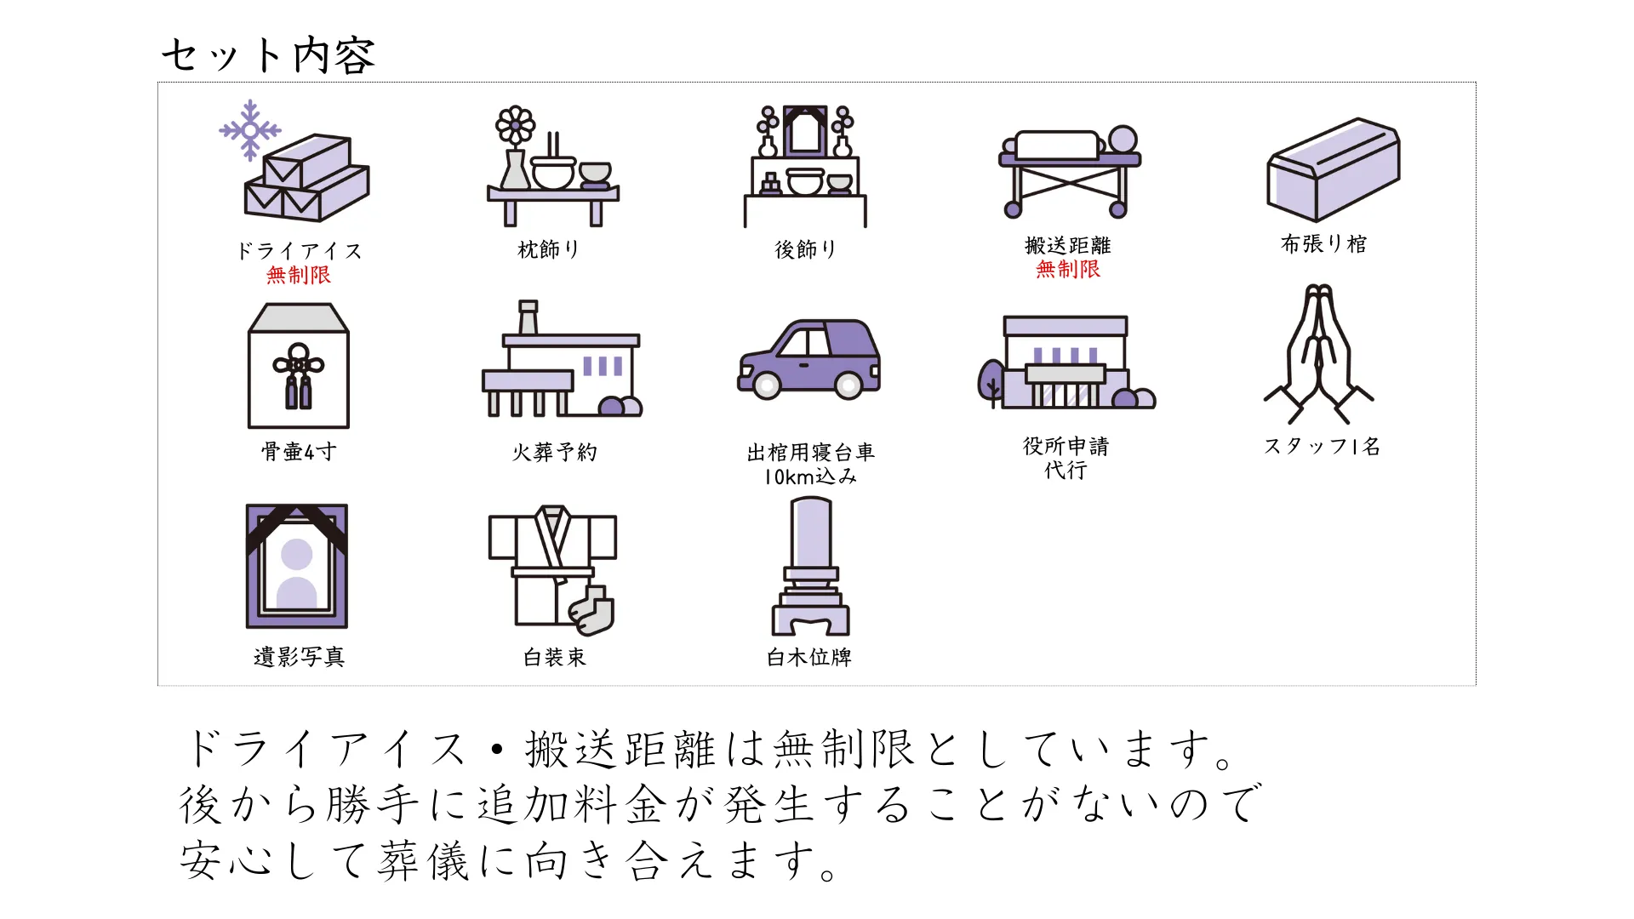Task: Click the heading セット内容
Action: [x=268, y=55]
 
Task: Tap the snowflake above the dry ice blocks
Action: [x=249, y=130]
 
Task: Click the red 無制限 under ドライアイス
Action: [x=298, y=275]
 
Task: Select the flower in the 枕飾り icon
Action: [x=515, y=125]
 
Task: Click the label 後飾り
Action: [x=805, y=249]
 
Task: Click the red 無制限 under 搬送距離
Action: [x=1068, y=269]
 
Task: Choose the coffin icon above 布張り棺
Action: [x=1333, y=170]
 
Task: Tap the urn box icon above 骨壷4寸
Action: [x=299, y=366]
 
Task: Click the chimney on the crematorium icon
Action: [x=528, y=317]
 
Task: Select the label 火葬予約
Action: [x=554, y=452]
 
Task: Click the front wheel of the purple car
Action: [x=766, y=386]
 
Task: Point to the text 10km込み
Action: [x=810, y=477]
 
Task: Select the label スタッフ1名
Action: [x=1322, y=446]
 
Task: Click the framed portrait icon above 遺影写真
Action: [x=297, y=566]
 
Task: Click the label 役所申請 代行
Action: [x=1066, y=458]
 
